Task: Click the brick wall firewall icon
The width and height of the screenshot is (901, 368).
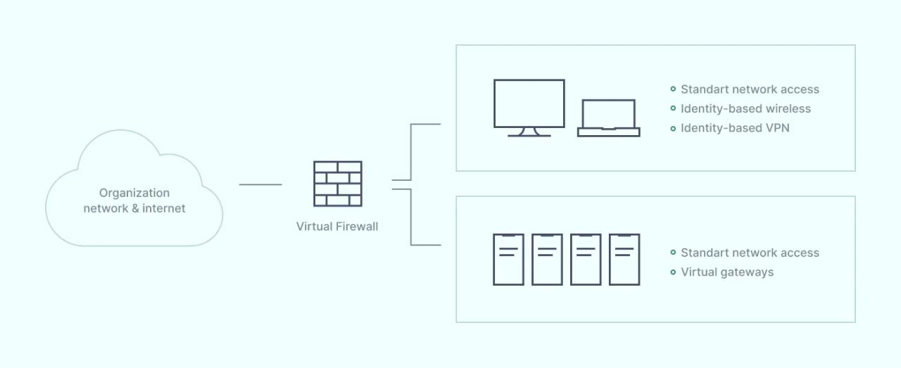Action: (338, 184)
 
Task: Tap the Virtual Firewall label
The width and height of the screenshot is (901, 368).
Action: (337, 227)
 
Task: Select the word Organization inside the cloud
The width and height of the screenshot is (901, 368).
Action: (134, 193)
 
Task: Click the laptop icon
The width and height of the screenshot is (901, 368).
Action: (609, 118)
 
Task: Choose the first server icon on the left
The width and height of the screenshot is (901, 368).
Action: (508, 260)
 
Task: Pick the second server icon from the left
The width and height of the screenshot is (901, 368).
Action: (547, 260)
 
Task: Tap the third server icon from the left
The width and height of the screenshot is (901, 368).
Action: (586, 260)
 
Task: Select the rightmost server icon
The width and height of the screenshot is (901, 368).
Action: (624, 260)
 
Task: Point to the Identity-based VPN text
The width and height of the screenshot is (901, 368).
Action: (735, 128)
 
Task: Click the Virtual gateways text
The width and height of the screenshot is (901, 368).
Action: (727, 272)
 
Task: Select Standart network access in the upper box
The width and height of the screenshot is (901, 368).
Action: (750, 89)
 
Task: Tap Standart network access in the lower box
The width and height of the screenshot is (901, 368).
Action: (750, 253)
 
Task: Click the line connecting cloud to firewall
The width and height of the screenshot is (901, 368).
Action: (260, 185)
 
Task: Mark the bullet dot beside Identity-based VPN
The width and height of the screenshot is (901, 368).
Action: (673, 128)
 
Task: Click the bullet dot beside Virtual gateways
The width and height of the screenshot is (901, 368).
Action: (673, 272)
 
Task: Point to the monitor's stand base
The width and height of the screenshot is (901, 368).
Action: (529, 134)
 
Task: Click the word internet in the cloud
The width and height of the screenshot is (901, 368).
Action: (164, 208)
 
